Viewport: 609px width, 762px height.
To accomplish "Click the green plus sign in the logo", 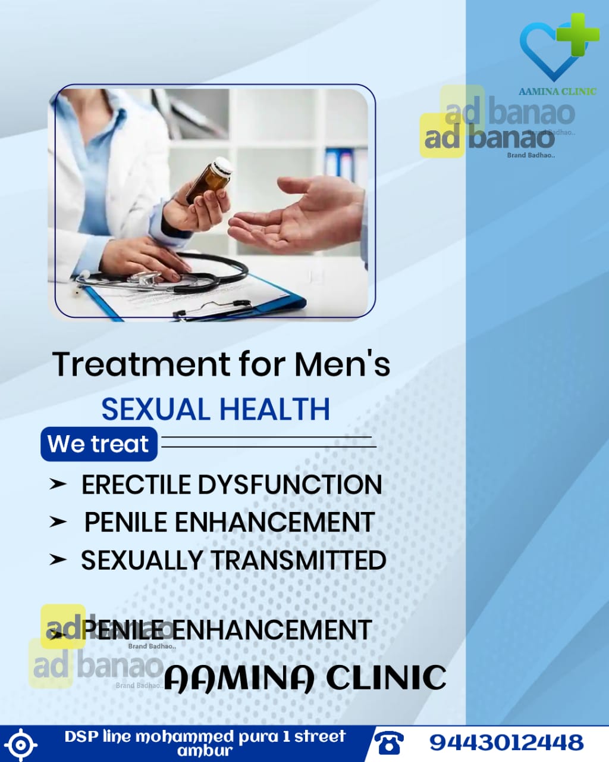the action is click(577, 35).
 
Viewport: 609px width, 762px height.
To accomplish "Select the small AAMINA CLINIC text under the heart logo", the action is click(557, 91).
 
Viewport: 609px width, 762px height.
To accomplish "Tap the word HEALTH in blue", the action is click(275, 409).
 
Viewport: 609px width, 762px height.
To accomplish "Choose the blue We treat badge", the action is click(99, 444).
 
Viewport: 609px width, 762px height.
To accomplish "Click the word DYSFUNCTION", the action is click(290, 485).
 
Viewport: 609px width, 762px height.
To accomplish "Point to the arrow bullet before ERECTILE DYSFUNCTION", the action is click(58, 485).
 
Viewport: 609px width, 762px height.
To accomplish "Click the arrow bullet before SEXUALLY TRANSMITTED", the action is click(58, 560).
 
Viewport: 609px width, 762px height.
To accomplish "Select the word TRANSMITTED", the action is click(299, 560).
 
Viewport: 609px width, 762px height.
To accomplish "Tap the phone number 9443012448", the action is click(506, 742).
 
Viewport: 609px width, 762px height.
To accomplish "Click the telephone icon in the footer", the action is click(389, 742).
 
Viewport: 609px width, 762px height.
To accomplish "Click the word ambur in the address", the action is click(205, 751).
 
